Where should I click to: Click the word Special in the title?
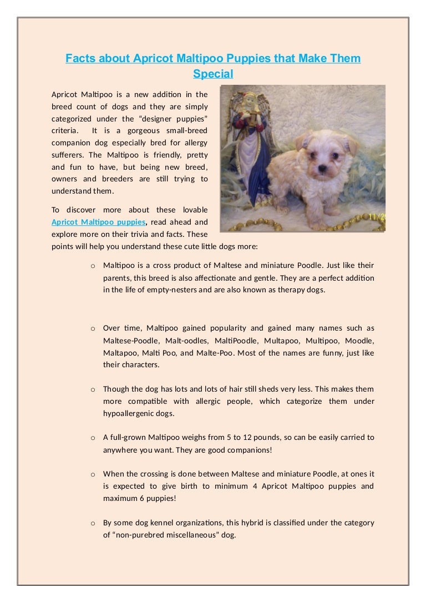(x=213, y=73)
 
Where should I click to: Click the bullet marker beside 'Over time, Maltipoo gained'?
(x=93, y=328)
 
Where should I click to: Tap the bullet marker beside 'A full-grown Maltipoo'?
(x=93, y=438)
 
